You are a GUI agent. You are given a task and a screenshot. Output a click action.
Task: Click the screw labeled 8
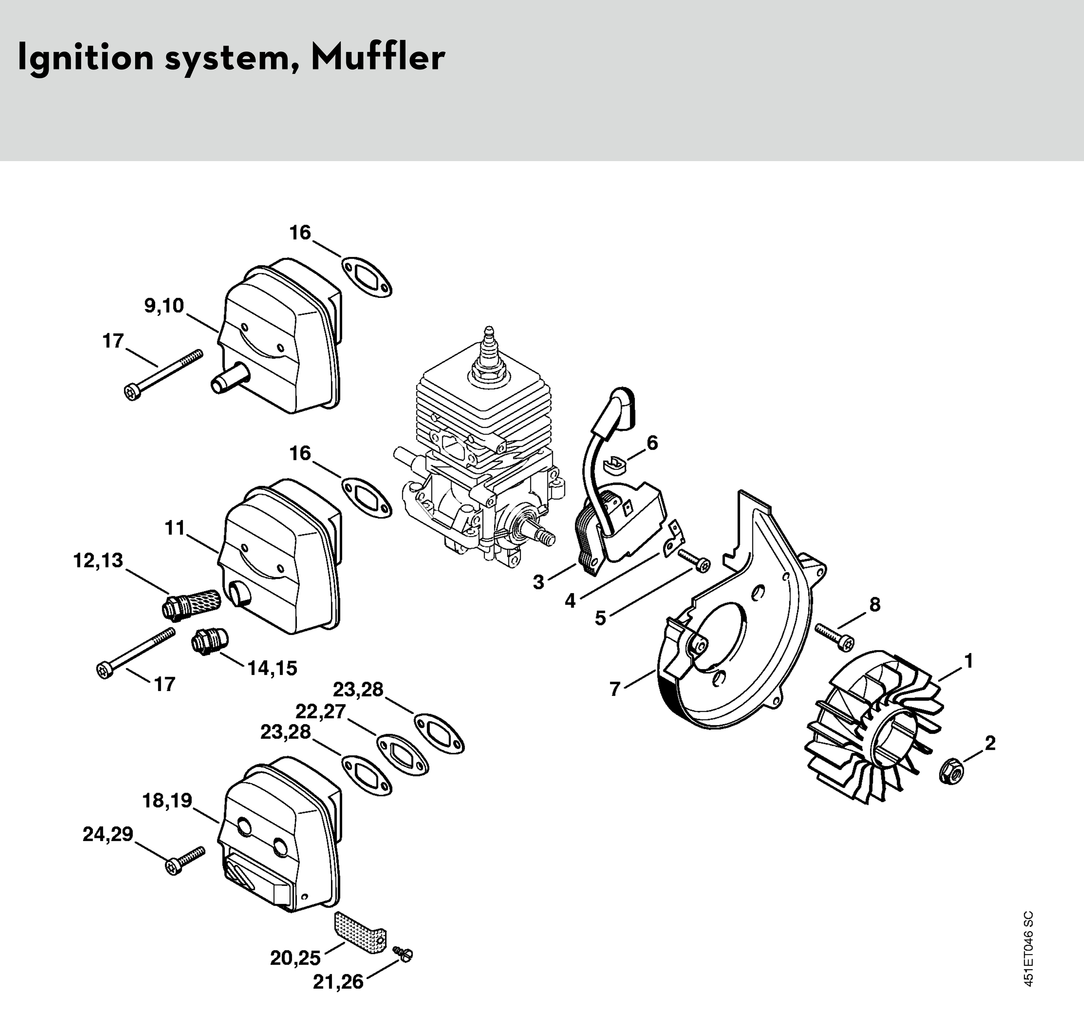(x=835, y=638)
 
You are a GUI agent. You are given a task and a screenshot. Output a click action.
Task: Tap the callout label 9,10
(x=164, y=306)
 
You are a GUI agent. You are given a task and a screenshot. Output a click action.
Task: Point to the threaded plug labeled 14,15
(x=208, y=640)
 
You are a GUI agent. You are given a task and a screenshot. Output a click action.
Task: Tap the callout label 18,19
(x=167, y=801)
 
